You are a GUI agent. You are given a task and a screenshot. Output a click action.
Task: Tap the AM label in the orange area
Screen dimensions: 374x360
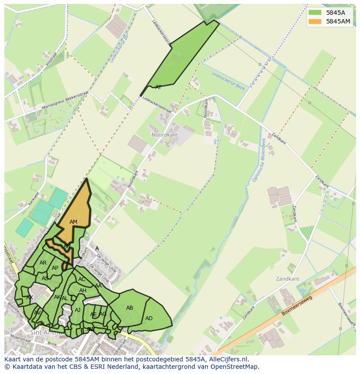pos(73,222)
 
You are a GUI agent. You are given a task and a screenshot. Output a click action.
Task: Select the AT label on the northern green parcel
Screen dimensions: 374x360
pos(158,87)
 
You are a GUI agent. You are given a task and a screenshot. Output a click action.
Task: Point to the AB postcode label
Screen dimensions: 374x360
pos(130,308)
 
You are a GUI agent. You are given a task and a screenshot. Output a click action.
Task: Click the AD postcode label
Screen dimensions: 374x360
pos(149,318)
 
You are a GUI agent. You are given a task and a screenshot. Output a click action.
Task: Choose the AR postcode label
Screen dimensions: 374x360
pos(43,263)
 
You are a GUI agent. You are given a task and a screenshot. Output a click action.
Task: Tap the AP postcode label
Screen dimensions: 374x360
pos(55,268)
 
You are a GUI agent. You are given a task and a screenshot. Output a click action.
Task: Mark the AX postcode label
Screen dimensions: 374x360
pos(30,298)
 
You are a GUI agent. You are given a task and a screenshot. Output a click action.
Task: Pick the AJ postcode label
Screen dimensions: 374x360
pos(78,310)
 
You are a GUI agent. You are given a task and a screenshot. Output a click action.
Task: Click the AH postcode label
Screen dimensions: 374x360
pos(83,291)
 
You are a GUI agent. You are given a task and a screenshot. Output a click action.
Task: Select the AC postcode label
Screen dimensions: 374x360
pos(82,279)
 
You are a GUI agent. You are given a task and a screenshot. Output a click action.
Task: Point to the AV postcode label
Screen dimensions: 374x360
pos(37,313)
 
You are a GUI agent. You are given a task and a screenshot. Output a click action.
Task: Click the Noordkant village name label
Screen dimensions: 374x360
pos(165,135)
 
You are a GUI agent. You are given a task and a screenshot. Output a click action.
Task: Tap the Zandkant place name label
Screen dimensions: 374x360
pos(287,278)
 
